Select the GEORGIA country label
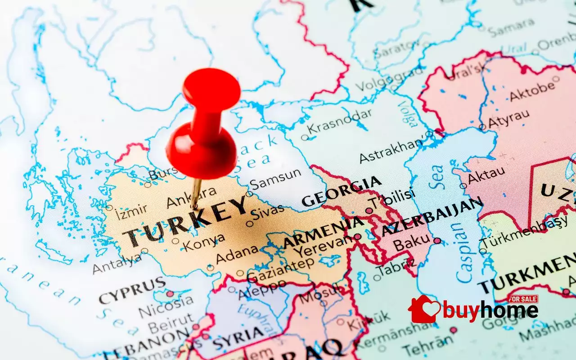tap(342, 192)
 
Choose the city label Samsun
tap(275, 177)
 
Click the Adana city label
tap(237, 255)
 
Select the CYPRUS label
tap(132, 291)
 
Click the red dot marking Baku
tap(436, 241)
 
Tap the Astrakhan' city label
tap(391, 151)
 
